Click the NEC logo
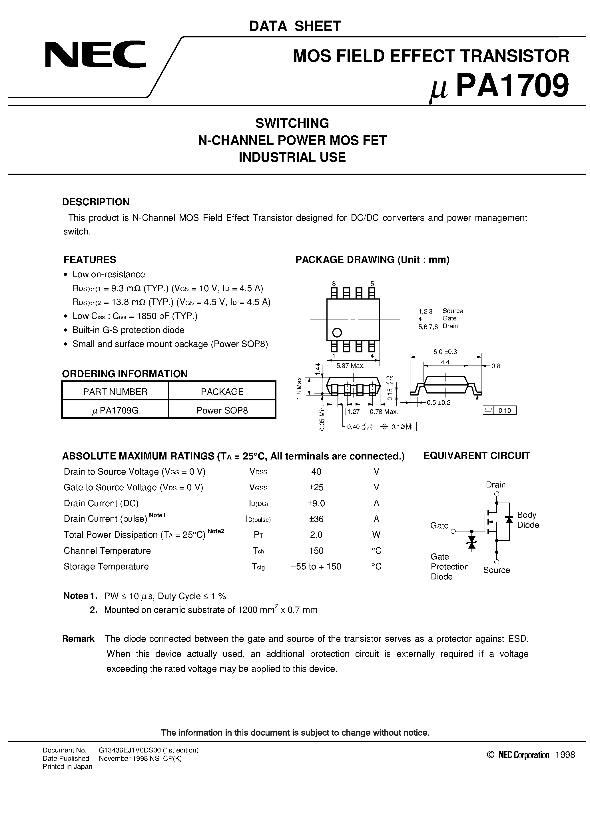tap(95, 55)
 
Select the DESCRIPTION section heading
tap(96, 202)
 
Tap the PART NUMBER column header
tap(115, 392)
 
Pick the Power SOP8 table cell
tap(222, 410)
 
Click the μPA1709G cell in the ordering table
tap(115, 410)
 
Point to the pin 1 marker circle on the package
tap(337, 332)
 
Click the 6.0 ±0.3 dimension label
tap(445, 352)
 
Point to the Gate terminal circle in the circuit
tap(453, 531)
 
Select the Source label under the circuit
tap(496, 570)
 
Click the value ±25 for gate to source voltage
tap(316, 487)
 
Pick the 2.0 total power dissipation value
tap(316, 535)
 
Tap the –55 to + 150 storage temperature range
tap(316, 566)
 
